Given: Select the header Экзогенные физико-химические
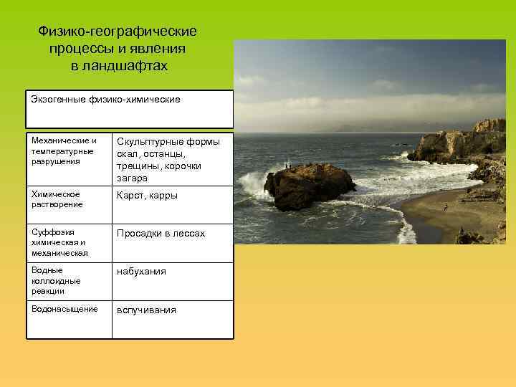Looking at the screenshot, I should click(x=105, y=99).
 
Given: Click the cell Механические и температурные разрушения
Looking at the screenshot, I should click(x=64, y=150).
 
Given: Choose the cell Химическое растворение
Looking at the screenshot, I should click(x=57, y=199).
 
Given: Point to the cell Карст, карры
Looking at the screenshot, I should click(x=147, y=195).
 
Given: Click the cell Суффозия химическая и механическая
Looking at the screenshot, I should click(x=60, y=242).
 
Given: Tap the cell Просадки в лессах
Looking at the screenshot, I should click(x=161, y=234).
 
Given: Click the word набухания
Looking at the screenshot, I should click(x=141, y=272).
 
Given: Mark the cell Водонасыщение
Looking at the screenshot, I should click(x=64, y=309).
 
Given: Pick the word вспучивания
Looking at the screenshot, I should click(x=146, y=310).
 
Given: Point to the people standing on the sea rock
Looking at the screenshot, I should click(x=287, y=166).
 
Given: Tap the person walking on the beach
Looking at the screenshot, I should click(x=446, y=207).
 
